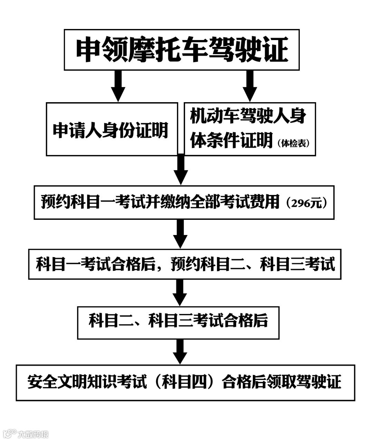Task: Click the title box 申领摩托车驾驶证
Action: click(182, 50)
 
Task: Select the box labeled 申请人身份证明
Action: click(111, 129)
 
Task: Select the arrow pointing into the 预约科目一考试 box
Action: click(181, 170)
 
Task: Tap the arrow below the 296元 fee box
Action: click(180, 233)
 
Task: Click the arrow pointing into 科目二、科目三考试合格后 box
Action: click(179, 292)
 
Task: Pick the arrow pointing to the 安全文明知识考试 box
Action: click(180, 351)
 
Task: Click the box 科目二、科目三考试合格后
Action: click(178, 322)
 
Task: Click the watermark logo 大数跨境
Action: click(26, 433)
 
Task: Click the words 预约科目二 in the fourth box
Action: click(201, 264)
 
